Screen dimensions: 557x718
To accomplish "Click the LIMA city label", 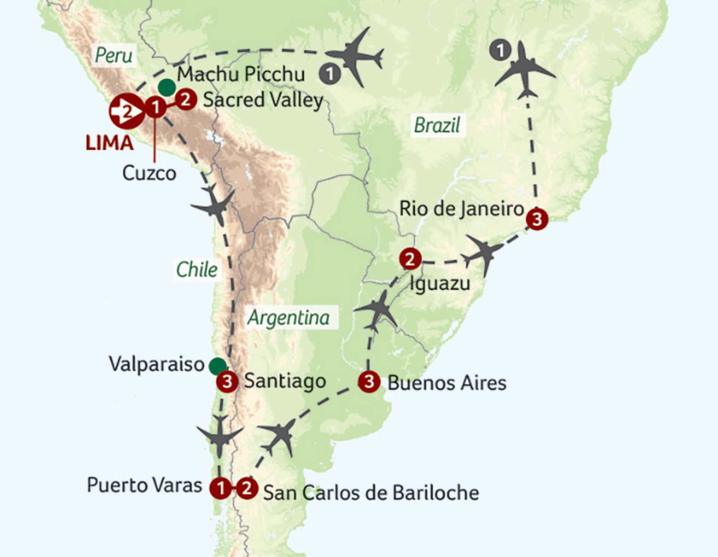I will point(109,143).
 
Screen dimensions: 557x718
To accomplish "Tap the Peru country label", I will point(113,55).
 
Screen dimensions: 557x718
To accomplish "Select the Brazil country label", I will point(437,125).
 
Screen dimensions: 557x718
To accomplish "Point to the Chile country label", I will point(197,270).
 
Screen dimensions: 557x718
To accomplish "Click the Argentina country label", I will point(288,318).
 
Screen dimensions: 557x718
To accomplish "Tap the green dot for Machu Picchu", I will point(167,88).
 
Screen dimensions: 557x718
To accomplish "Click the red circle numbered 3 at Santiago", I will point(227,381).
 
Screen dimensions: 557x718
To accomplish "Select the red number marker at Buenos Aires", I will point(369,381).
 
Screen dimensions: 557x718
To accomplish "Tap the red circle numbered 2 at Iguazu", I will point(410,259).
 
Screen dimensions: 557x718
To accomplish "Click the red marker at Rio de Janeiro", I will point(537,219).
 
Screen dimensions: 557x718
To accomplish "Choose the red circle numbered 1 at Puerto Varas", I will point(221,488).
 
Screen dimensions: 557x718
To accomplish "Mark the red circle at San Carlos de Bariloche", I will point(247,488).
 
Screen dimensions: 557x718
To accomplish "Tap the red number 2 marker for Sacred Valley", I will point(186,100).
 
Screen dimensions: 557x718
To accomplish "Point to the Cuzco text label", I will point(149,173).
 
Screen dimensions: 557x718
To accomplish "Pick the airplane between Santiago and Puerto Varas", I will point(220,436).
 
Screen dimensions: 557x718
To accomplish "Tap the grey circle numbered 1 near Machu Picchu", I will point(329,74).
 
